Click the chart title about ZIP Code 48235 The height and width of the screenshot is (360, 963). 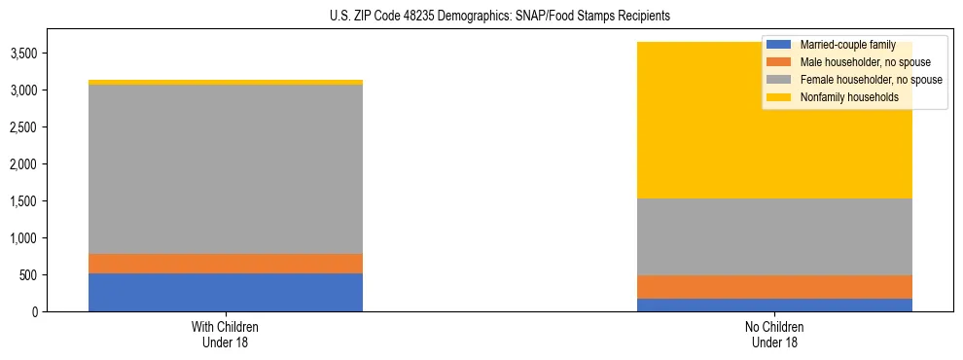481,17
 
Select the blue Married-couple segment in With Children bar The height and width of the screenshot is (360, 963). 225,292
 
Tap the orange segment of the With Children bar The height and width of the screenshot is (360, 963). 225,263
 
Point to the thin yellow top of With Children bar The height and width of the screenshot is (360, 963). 225,83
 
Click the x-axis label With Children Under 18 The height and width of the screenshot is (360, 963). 225,334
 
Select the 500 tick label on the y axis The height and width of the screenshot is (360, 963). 29,275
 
